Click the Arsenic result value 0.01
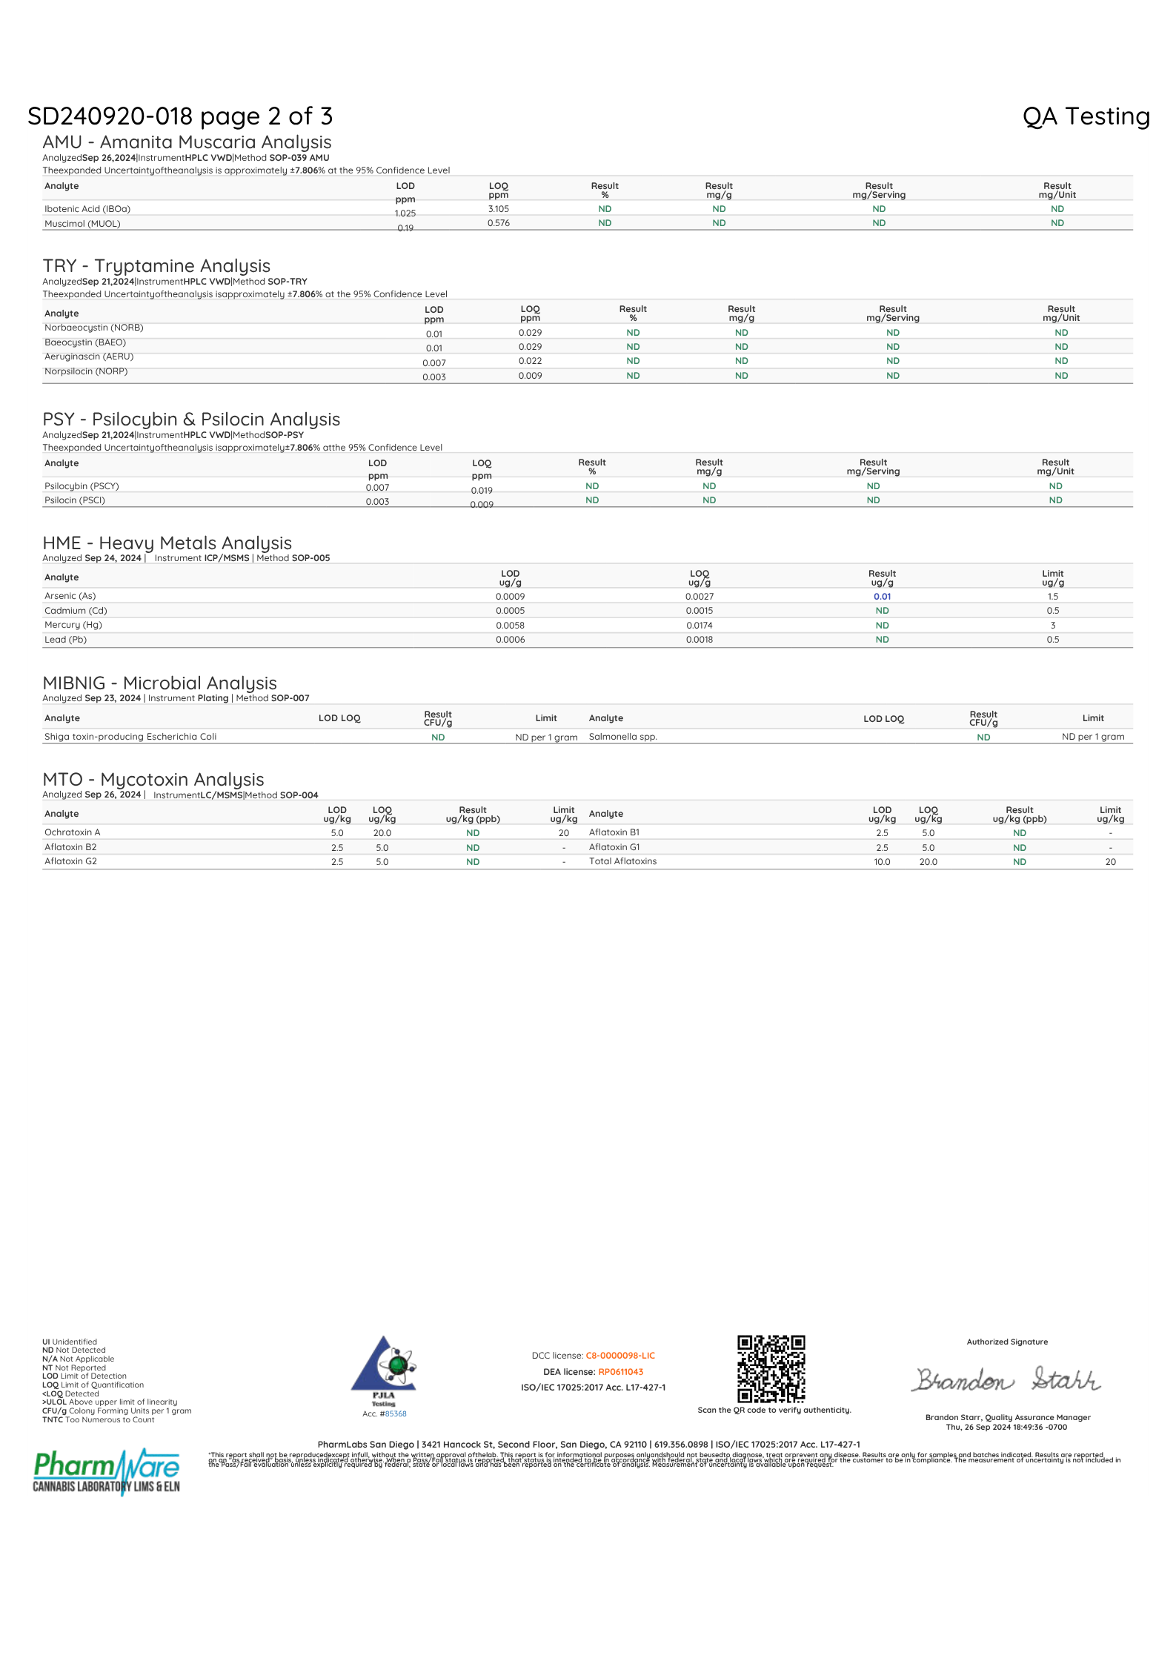882,597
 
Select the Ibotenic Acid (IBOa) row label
87,209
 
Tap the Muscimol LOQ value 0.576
499,223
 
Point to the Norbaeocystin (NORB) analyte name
94,328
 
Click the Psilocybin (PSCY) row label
82,486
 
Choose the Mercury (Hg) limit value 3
1052,626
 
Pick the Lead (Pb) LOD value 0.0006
510,640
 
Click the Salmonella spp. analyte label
622,737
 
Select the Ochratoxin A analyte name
72,832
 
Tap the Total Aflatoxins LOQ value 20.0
928,862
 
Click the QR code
771,1369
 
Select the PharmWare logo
107,1471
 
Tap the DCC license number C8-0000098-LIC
620,1356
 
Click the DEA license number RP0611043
620,1372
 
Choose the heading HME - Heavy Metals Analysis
167,543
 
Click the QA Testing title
1086,116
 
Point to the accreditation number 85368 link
396,1413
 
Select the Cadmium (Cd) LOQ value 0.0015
699,611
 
